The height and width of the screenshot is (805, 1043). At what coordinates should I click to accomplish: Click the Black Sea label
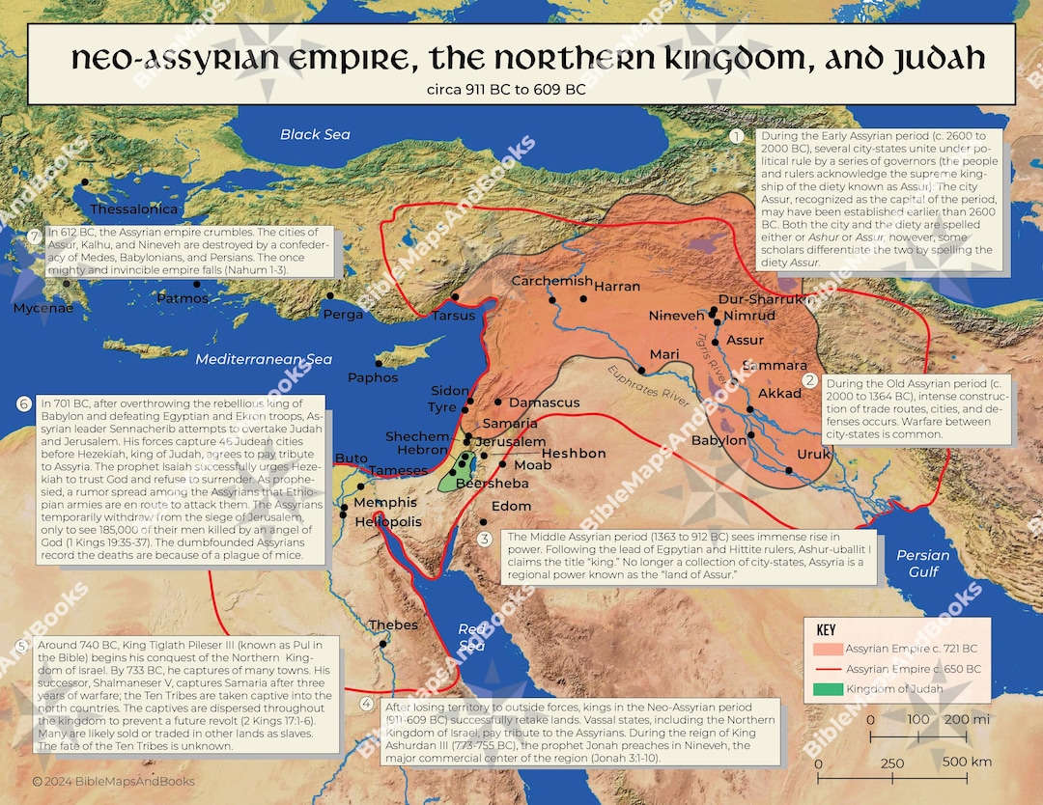click(315, 134)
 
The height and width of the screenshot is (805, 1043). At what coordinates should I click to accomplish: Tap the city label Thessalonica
click(133, 209)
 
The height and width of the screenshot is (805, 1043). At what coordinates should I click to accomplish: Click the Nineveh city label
click(677, 316)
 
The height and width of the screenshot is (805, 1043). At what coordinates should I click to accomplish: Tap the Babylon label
click(719, 440)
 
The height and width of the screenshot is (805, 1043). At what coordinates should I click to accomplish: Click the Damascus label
click(544, 402)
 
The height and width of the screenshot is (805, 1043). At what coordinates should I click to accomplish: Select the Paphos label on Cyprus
click(373, 377)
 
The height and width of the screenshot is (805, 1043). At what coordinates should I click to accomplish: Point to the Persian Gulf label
click(923, 563)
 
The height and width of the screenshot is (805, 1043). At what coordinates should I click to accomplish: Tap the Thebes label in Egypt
click(393, 625)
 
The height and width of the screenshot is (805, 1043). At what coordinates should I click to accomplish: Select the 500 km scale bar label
click(967, 763)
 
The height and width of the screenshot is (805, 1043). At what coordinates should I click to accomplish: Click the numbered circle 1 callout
click(736, 136)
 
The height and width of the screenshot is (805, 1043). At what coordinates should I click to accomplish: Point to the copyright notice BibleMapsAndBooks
click(113, 781)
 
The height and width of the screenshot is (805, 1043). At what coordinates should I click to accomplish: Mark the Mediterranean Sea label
click(264, 359)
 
